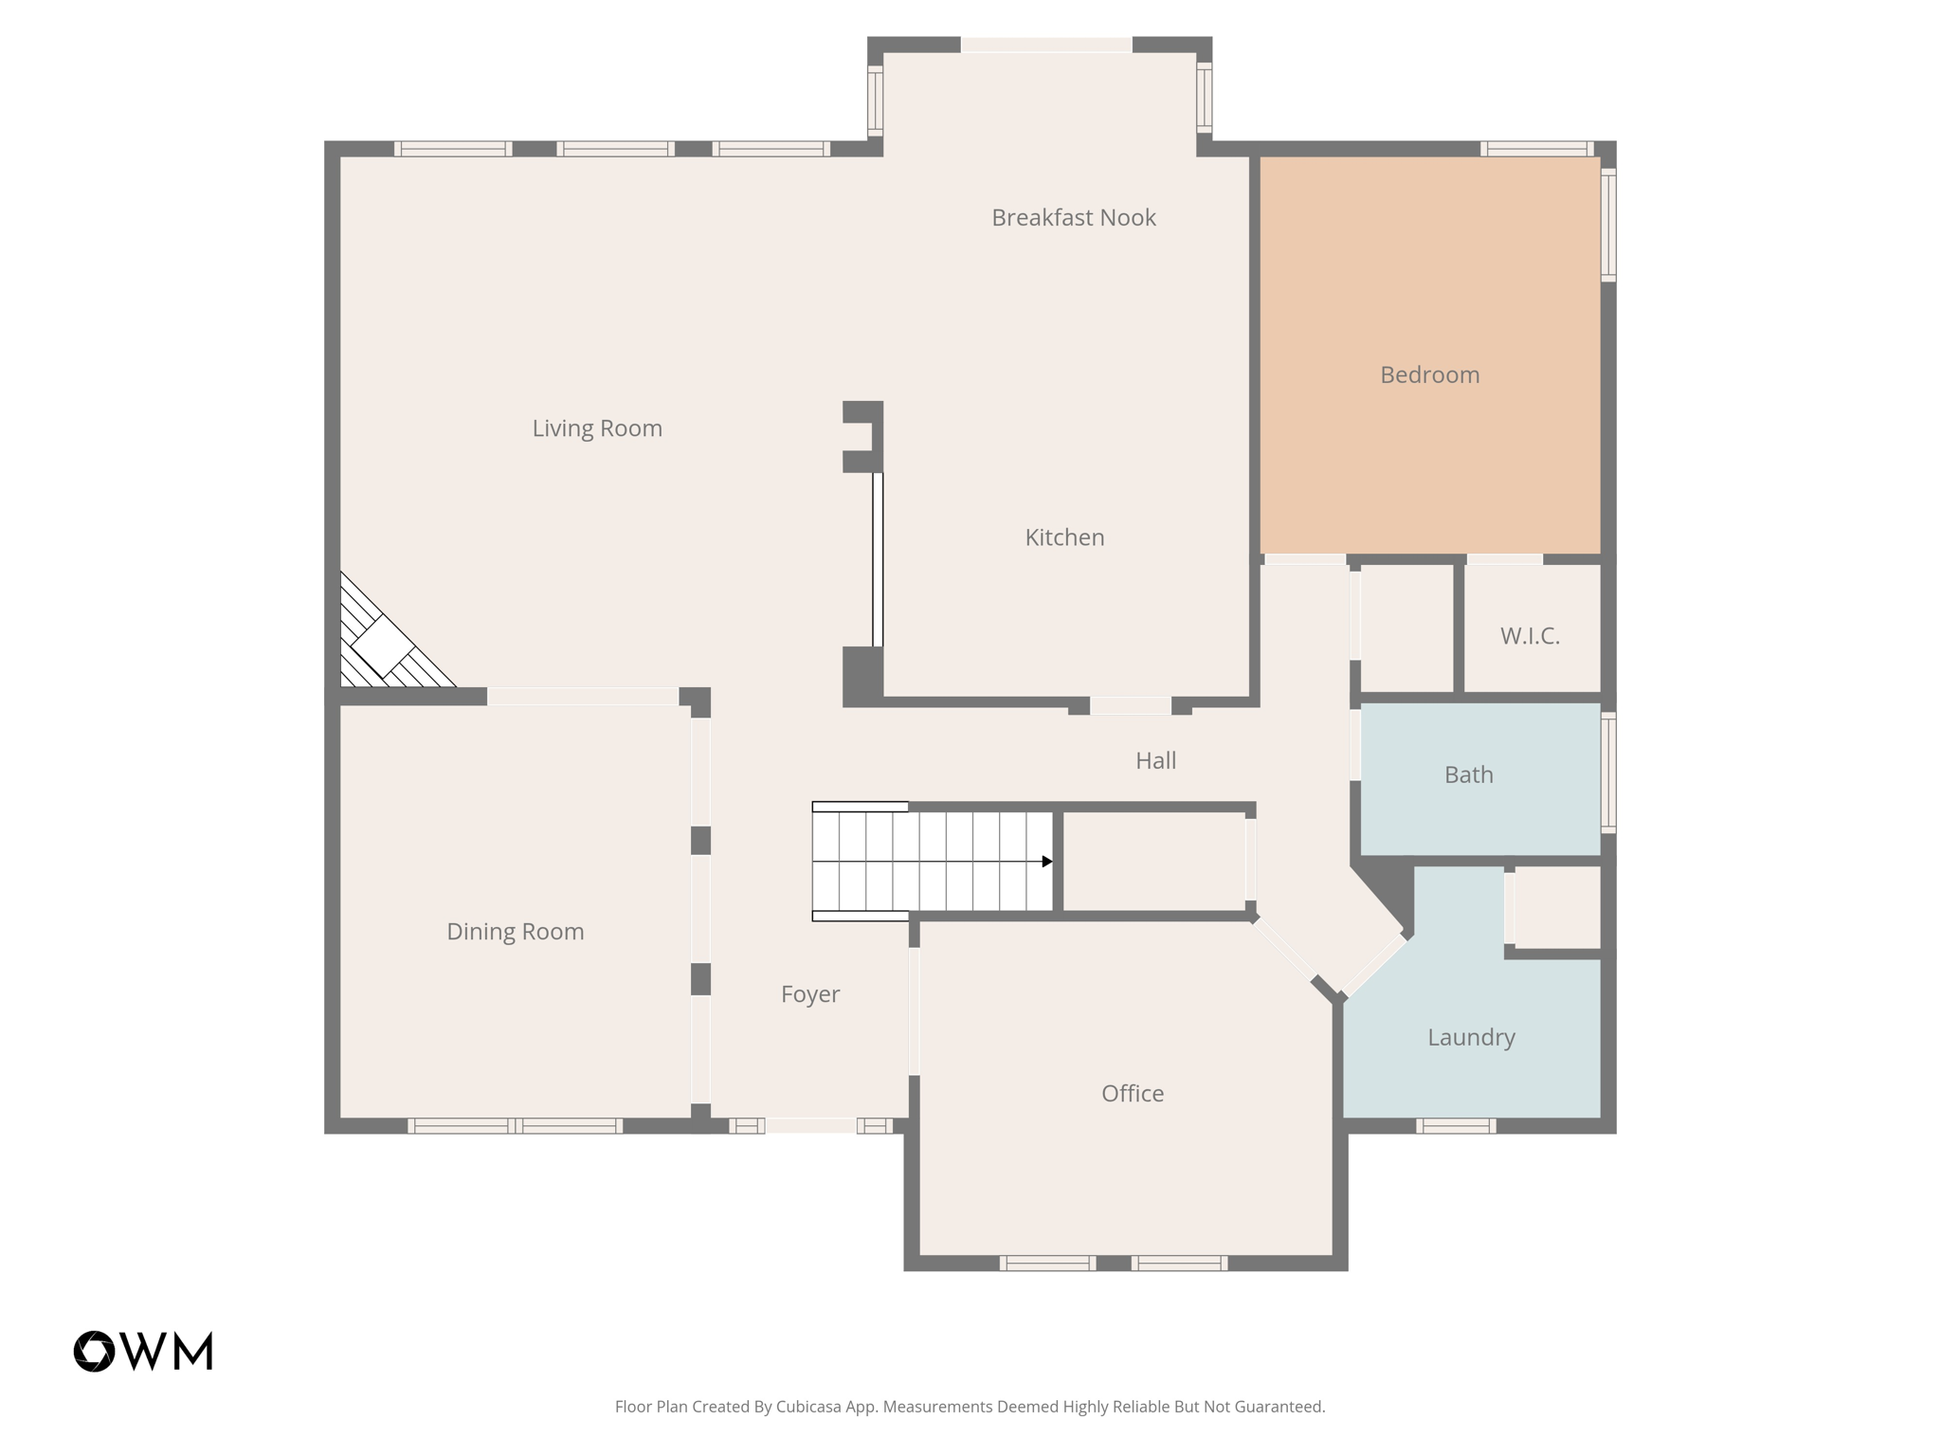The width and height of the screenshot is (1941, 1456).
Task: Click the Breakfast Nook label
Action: tap(1073, 218)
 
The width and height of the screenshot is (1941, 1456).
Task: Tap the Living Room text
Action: tap(596, 428)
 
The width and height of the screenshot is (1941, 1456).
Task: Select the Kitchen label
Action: tap(1064, 537)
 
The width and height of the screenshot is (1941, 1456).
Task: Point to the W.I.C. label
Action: tap(1529, 636)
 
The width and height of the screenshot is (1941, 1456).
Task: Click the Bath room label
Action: tap(1468, 775)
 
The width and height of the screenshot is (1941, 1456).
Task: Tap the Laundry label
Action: tap(1471, 1037)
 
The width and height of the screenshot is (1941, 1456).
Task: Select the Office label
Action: tap(1132, 1094)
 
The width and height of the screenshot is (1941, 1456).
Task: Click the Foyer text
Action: tap(809, 994)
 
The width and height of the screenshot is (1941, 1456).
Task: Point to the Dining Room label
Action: tap(515, 932)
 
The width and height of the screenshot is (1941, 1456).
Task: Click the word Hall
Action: tap(1155, 760)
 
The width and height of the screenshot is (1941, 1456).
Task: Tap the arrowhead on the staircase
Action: tap(1046, 862)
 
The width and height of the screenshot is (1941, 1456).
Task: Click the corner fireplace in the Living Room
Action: tap(383, 645)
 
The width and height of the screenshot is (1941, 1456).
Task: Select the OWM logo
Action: tap(143, 1351)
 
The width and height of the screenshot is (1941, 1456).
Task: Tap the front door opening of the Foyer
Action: tap(810, 1125)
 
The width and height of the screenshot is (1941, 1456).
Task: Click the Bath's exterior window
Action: tap(1607, 773)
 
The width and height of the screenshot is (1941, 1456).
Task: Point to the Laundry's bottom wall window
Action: tap(1456, 1126)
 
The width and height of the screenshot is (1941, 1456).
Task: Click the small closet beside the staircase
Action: tap(1153, 862)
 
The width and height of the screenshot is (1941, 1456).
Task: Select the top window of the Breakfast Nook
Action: tap(1046, 45)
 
